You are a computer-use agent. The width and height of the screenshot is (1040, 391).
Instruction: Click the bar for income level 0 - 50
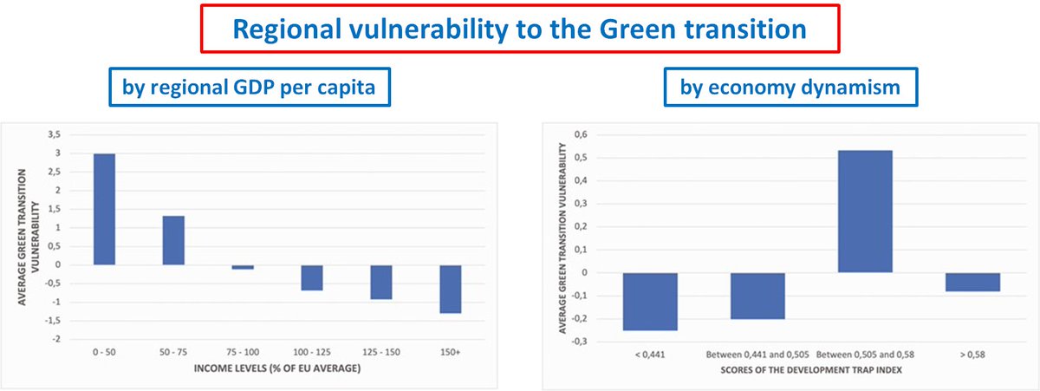(x=104, y=209)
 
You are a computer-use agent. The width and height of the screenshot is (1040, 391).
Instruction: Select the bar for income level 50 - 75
(x=173, y=240)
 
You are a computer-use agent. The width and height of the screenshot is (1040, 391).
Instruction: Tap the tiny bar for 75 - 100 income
(x=243, y=267)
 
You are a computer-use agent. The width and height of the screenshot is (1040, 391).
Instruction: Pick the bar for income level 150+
(x=451, y=289)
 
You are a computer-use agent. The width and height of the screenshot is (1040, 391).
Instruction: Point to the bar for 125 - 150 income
(x=381, y=282)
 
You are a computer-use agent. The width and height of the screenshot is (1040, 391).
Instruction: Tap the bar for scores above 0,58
(x=972, y=282)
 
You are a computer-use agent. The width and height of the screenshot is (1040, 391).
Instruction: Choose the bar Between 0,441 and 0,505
(x=757, y=296)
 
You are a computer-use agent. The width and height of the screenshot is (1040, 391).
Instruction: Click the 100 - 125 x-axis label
(x=312, y=354)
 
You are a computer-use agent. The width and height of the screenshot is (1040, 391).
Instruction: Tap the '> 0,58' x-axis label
(x=972, y=355)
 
